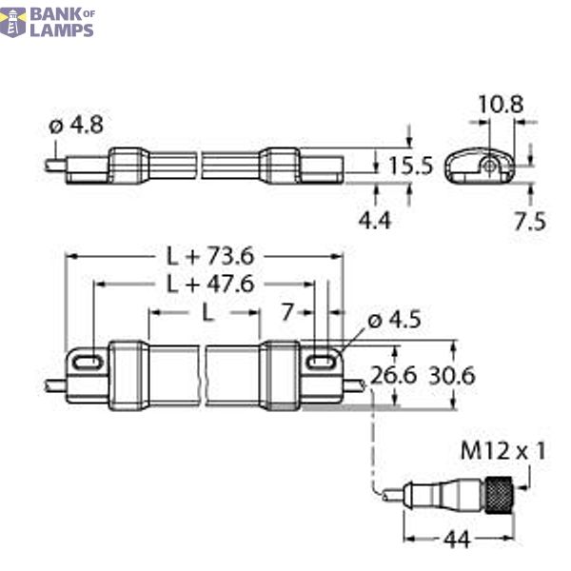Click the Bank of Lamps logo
(x=49, y=21)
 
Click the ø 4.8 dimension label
(x=75, y=125)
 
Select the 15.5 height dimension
(x=410, y=166)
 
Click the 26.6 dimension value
(x=394, y=375)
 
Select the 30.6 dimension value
(x=452, y=375)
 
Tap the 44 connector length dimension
(x=459, y=541)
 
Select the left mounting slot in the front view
(x=86, y=362)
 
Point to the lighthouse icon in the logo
(x=13, y=21)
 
